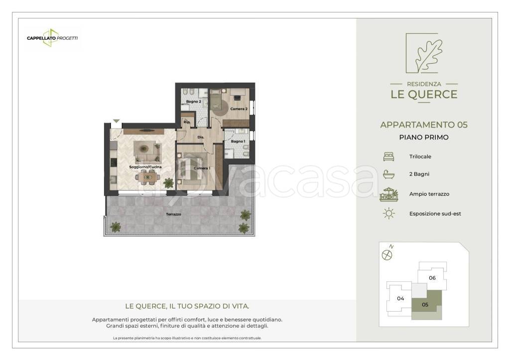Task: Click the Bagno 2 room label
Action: (x=194, y=102)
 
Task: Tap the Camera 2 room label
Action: (x=239, y=109)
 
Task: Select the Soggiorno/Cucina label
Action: (x=145, y=167)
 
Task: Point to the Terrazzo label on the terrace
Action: (x=173, y=214)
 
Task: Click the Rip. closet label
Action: (x=187, y=122)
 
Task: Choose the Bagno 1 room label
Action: (x=238, y=141)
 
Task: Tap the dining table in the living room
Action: (x=147, y=178)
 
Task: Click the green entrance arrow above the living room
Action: (x=117, y=121)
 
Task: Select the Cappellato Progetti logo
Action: (x=52, y=38)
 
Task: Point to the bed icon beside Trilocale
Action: (x=388, y=156)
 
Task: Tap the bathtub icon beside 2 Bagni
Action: (x=388, y=174)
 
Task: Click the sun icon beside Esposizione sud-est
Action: (x=388, y=214)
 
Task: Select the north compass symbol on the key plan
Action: (x=387, y=255)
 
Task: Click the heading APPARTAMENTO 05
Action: (x=424, y=124)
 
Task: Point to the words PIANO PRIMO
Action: (x=424, y=137)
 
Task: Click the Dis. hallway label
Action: (x=201, y=137)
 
